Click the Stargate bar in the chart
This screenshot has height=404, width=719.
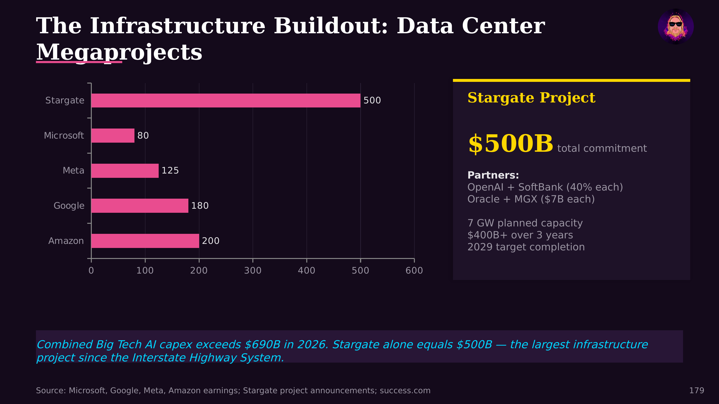pos(226,100)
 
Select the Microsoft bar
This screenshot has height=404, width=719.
pos(113,135)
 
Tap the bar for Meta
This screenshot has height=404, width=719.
pos(125,171)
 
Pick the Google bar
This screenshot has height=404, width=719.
pos(139,206)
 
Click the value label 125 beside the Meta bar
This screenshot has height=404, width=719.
pos(170,171)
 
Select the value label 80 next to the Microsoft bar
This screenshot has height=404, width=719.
pos(143,135)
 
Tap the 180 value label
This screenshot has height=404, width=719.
pos(200,206)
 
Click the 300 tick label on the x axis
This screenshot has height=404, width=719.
pos(253,270)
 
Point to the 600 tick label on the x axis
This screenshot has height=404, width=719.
pos(414,270)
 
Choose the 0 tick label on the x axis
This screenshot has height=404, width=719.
pos(91,270)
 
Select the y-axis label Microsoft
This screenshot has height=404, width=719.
pos(64,135)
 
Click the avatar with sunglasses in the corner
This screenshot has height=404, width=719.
pos(675,27)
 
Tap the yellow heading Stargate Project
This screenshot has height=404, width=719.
pos(531,98)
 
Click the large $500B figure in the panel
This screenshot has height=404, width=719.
pos(510,144)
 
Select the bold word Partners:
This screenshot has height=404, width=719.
pos(493,175)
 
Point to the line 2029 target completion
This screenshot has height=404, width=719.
pos(526,247)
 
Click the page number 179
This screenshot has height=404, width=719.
pos(696,390)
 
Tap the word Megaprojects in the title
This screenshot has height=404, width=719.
pos(119,52)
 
